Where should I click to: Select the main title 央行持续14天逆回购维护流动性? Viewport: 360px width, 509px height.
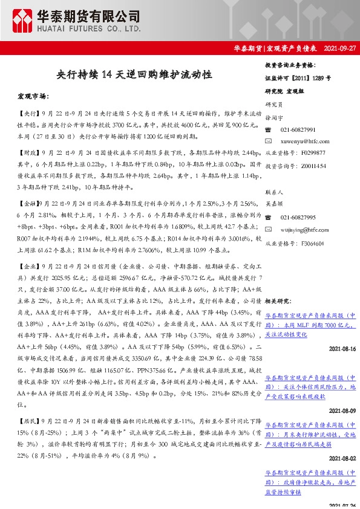[134, 74]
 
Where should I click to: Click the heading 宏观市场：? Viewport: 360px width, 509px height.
[34, 96]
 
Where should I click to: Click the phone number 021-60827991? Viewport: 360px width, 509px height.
[298, 129]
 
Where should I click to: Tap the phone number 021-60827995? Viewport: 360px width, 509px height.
[298, 217]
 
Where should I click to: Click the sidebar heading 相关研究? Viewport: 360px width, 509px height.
[278, 300]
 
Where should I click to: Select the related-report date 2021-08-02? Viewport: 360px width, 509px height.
[342, 459]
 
